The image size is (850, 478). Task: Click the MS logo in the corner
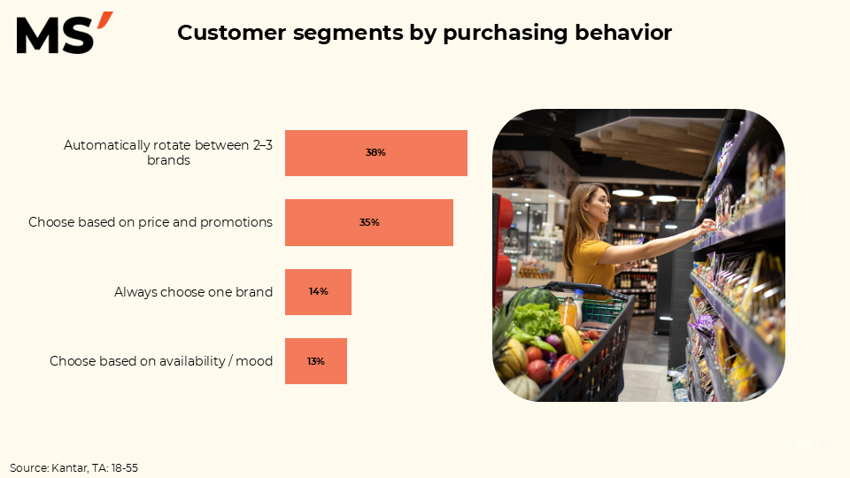point(65,33)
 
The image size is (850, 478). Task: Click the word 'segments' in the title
point(349,34)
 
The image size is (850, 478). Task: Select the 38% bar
point(376,153)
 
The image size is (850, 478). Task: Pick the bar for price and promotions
point(369,223)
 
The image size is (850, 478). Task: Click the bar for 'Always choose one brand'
point(318,292)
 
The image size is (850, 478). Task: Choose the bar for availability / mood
point(316,361)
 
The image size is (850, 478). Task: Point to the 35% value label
point(369,222)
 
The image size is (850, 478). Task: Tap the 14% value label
point(318,291)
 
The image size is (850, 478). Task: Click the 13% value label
point(316,361)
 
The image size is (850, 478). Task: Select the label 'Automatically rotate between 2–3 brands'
point(168,153)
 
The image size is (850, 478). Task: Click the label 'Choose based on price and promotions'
point(151,222)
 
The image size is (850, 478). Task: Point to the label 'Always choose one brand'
point(193,292)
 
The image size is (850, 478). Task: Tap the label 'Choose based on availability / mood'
point(161,361)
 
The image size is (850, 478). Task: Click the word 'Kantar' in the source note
point(70,468)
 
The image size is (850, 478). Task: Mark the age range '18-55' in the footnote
point(125,468)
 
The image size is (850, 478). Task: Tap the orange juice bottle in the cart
point(567,312)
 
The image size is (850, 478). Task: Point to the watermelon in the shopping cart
point(534,300)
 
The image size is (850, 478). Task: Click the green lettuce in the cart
point(537,320)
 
